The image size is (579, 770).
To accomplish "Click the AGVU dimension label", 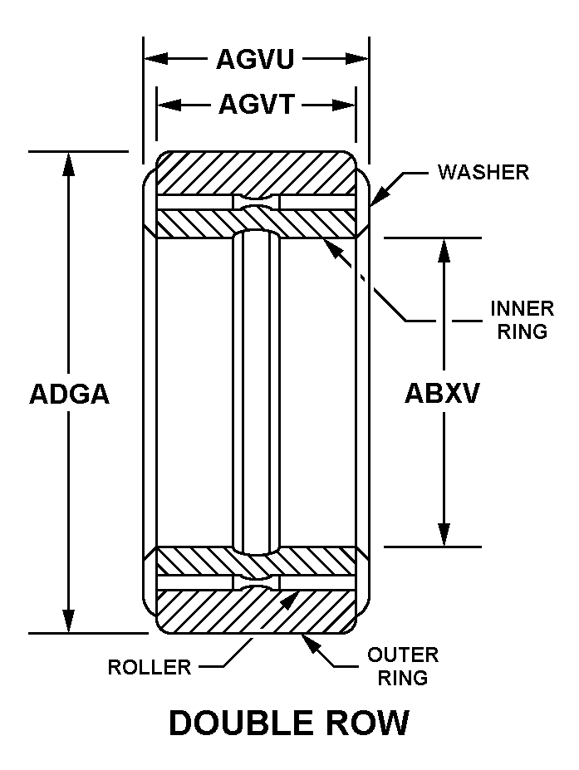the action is (255, 60).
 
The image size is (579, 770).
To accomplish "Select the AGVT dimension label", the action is (257, 104).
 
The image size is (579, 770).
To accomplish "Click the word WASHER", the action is (483, 173).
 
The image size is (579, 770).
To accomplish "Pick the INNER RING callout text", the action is (522, 320).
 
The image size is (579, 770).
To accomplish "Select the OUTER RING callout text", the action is (403, 666).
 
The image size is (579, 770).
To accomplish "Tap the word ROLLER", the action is (150, 667).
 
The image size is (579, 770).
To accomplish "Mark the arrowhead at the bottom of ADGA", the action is (69, 621).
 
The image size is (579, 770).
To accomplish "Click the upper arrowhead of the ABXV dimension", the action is (444, 250).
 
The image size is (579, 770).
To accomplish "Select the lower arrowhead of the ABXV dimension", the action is (444, 534).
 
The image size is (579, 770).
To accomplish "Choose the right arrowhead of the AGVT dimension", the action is (343, 105).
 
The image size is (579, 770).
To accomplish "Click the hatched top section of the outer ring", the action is (256, 173).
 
